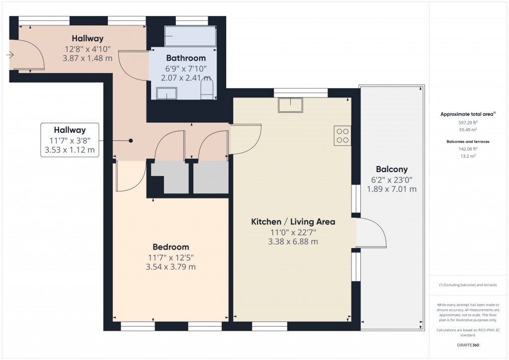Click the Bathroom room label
[x=185, y=58]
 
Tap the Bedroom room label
[x=170, y=247]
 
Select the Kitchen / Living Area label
[x=293, y=222]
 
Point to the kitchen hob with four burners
[x=342, y=136]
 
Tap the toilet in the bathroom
[x=207, y=90]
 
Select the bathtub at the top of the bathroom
[x=190, y=36]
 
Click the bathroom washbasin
[x=167, y=93]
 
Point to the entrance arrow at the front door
[x=10, y=55]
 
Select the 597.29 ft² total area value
[x=468, y=122]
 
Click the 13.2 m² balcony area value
[x=468, y=155]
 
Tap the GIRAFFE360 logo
[x=468, y=345]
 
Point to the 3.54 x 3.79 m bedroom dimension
[x=170, y=267]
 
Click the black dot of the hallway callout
[x=131, y=141]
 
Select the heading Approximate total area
[x=468, y=114]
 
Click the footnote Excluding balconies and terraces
[x=468, y=285]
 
